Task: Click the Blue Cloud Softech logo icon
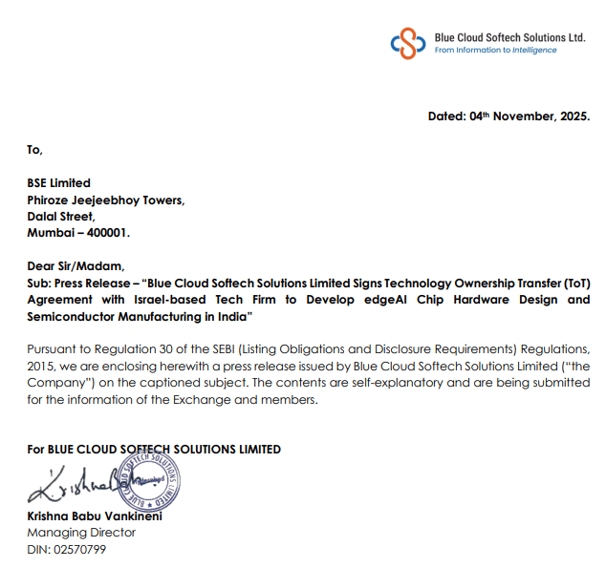click(x=408, y=42)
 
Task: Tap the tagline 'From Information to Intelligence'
click(x=495, y=51)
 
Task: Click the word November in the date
click(x=525, y=116)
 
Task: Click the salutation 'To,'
click(x=34, y=149)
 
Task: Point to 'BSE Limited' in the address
click(x=58, y=183)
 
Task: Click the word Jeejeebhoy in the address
click(x=116, y=200)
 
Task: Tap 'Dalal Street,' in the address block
click(x=61, y=216)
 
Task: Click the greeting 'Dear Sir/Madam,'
click(x=76, y=266)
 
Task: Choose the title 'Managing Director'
click(x=81, y=533)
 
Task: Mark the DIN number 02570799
click(x=79, y=549)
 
